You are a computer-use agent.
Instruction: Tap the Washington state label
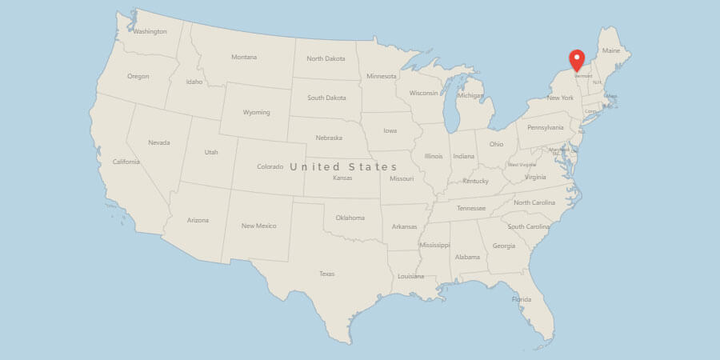coord(150,32)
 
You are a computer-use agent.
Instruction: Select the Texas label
coord(326,274)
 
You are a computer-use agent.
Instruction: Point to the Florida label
coord(521,300)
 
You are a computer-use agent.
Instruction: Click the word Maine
coord(611,50)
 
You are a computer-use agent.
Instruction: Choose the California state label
coord(126,162)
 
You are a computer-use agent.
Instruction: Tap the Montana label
coord(244,57)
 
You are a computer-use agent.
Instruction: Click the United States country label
coord(343,166)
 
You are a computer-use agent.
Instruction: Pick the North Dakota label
coord(326,58)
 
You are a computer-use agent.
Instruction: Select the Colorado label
coord(270,166)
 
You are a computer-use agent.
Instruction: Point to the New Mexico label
coord(258,226)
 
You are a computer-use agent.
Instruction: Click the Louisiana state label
coord(410,276)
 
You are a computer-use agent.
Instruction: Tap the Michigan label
coord(470,95)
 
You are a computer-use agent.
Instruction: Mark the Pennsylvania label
coord(546,127)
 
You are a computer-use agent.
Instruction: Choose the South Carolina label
coord(529,226)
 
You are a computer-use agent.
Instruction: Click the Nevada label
coord(158,142)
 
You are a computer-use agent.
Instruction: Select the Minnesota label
coord(381,76)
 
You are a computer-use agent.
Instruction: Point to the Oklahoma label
coord(350,218)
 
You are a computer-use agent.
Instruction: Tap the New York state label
coord(560,98)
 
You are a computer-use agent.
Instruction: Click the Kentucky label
coord(475,181)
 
